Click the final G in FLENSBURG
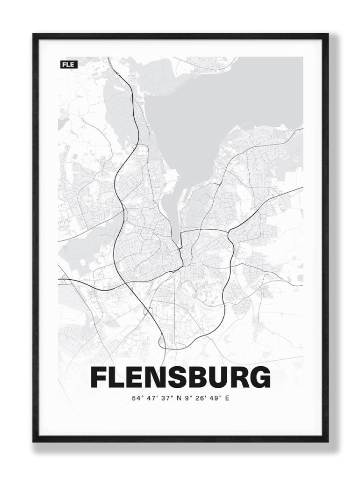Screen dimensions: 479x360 click(x=259, y=377)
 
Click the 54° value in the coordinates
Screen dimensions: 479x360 click(x=137, y=399)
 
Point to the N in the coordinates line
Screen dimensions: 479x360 click(x=180, y=399)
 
